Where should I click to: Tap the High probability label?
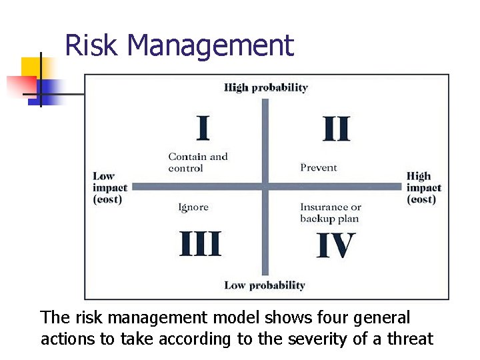(x=265, y=87)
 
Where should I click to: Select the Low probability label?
(x=264, y=285)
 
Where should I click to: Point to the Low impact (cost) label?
(x=109, y=187)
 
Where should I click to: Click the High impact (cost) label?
(x=423, y=187)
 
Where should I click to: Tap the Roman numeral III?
(x=200, y=244)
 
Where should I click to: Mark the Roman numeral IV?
(x=335, y=245)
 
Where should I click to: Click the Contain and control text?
(x=197, y=162)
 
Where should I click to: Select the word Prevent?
(x=319, y=167)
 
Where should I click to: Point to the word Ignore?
(x=193, y=207)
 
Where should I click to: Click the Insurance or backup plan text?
(x=330, y=213)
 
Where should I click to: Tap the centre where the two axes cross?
(x=265, y=187)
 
